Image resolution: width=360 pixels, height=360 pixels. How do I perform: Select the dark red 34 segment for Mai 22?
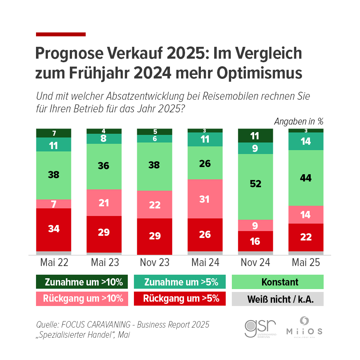pyautogui.click(x=54, y=229)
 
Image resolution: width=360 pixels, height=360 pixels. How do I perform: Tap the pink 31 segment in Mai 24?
pyautogui.click(x=205, y=199)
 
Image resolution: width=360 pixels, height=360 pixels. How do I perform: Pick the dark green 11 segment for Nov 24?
pyautogui.click(x=255, y=136)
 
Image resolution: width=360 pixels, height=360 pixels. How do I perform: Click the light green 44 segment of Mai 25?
pyautogui.click(x=306, y=178)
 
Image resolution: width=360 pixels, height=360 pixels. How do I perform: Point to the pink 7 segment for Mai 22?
pyautogui.click(x=54, y=204)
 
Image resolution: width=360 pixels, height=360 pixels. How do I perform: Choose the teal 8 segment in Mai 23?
pyautogui.click(x=104, y=139)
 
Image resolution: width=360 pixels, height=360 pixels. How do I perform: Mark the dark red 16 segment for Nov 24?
pyautogui.click(x=255, y=241)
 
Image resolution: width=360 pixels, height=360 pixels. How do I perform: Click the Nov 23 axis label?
pyautogui.click(x=154, y=262)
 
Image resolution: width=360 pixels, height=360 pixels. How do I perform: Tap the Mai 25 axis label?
pyautogui.click(x=306, y=262)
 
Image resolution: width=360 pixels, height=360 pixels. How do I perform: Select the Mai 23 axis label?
pyautogui.click(x=104, y=262)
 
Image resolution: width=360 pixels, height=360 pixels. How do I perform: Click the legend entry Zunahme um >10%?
pyautogui.click(x=82, y=282)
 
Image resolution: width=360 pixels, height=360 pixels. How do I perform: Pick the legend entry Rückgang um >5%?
pyautogui.click(x=180, y=299)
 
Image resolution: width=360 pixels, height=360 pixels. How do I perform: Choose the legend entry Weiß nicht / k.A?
pyautogui.click(x=278, y=299)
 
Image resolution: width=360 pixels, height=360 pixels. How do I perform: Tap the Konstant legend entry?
pyautogui.click(x=278, y=282)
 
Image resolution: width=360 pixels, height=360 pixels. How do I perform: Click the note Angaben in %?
pyautogui.click(x=298, y=121)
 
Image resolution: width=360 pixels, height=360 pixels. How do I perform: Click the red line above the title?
pyautogui.click(x=61, y=35)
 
